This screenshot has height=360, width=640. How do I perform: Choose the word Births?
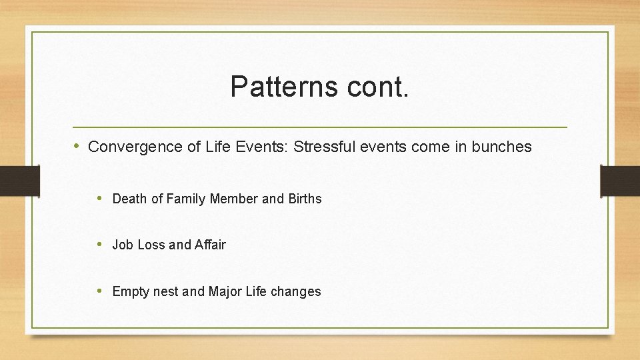coord(305,199)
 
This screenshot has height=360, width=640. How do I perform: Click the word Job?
coord(123,245)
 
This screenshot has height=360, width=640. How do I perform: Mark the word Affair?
coord(210,245)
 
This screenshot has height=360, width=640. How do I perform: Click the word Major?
coord(225,291)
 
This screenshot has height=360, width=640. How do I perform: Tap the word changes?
coord(296,291)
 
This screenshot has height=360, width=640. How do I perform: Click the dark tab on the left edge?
coord(19,181)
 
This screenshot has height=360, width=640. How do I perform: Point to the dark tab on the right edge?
coord(620,181)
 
